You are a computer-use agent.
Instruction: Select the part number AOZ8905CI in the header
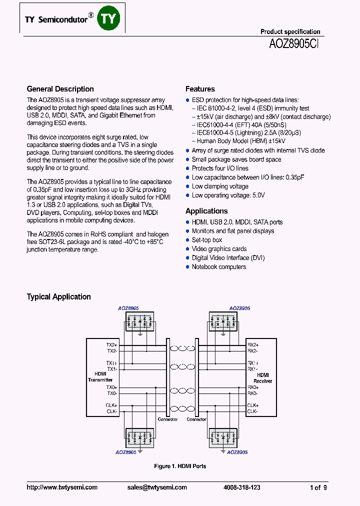pyautogui.click(x=294, y=43)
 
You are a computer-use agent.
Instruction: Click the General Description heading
pyautogui.click(x=60, y=89)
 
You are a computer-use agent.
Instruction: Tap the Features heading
pyautogui.click(x=200, y=89)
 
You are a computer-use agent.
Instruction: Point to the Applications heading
pyautogui.click(x=206, y=211)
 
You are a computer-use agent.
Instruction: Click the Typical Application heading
pyautogui.click(x=58, y=296)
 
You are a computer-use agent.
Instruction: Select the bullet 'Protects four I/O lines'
pyautogui.click(x=220, y=168)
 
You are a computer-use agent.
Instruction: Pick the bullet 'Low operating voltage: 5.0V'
pyautogui.click(x=228, y=195)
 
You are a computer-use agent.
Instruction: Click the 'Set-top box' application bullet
pyautogui.click(x=207, y=240)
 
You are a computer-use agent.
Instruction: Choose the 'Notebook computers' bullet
pyautogui.click(x=219, y=267)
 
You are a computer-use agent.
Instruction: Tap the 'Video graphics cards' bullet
pyautogui.click(x=219, y=249)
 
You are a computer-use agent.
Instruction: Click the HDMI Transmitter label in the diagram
pyautogui.click(x=100, y=376)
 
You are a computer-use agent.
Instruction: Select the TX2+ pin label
pyautogui.click(x=111, y=345)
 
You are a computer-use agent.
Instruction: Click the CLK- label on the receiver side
pyautogui.click(x=252, y=411)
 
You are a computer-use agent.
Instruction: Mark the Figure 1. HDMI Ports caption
pyautogui.click(x=180, y=466)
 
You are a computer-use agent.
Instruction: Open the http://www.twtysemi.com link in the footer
pyautogui.click(x=62, y=487)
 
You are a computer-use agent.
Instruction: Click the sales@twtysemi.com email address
pyautogui.click(x=157, y=487)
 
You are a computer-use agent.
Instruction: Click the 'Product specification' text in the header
pyautogui.click(x=290, y=31)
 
